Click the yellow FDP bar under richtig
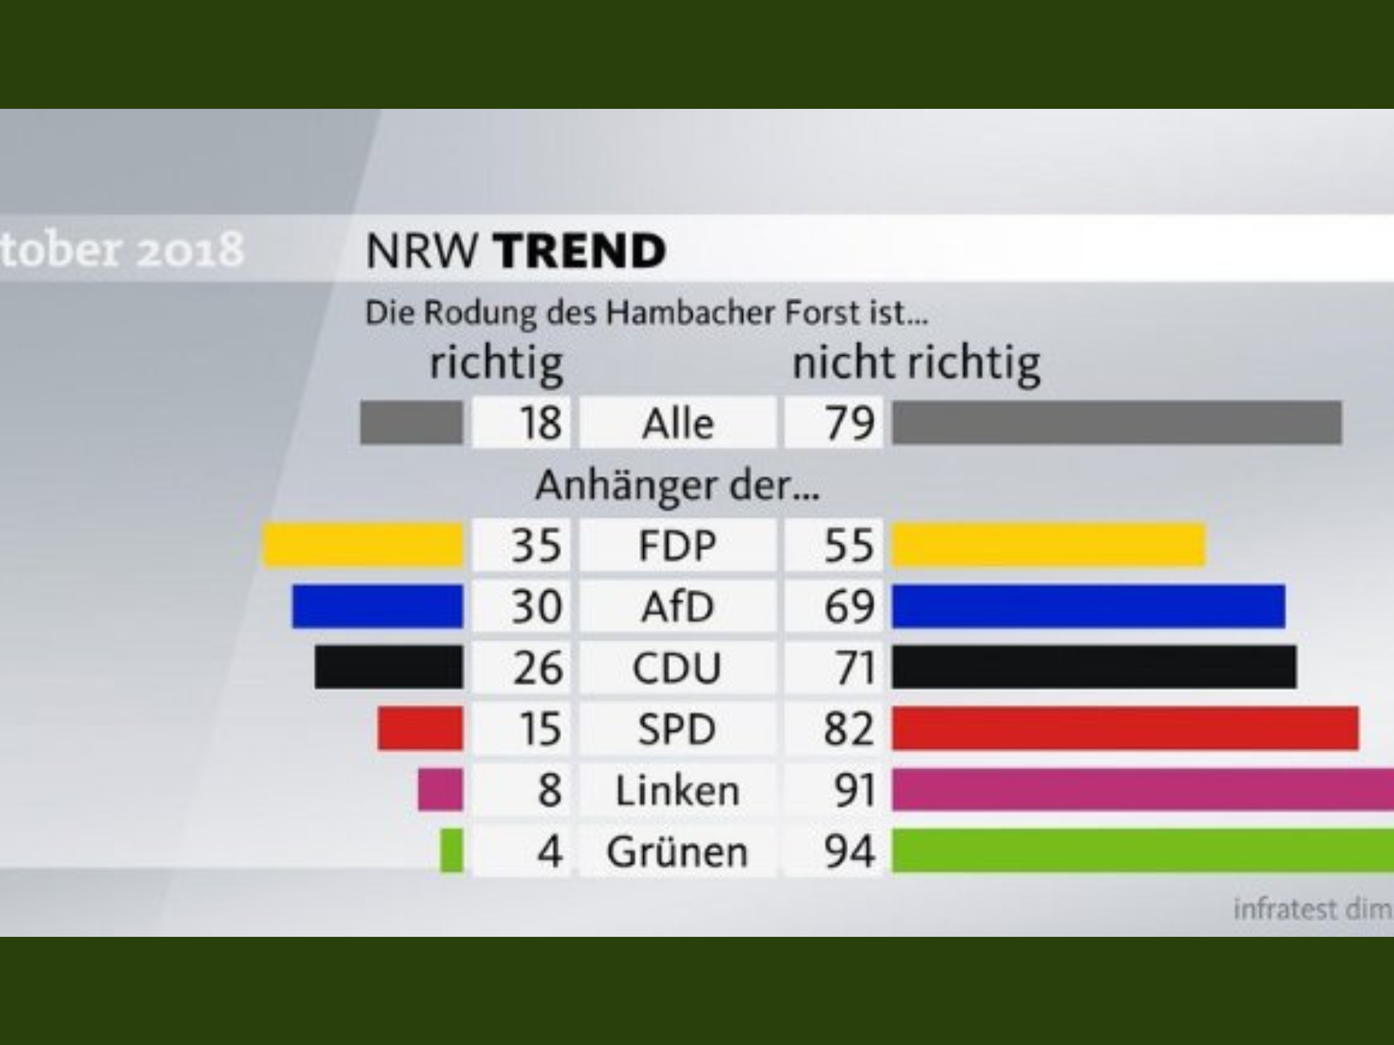363,545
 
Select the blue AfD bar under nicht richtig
1088,606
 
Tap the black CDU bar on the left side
389,667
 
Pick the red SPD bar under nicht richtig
1125,729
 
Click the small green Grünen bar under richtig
451,850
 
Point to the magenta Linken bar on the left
440,790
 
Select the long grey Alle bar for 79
1117,422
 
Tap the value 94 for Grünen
849,851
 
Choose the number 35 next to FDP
537,546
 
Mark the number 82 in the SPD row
848,729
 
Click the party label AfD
677,607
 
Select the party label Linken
677,791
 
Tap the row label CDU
677,668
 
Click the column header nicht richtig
916,364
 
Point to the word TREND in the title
580,250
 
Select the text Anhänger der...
677,486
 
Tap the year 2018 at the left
191,249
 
